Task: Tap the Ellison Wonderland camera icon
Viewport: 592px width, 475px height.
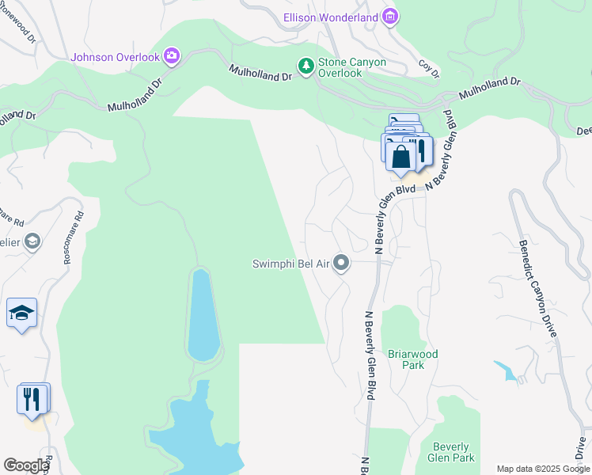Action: point(389,16)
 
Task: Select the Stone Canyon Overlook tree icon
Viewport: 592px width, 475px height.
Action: point(305,64)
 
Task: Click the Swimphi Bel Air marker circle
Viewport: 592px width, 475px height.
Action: point(342,262)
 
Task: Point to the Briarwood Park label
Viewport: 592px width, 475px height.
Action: point(412,359)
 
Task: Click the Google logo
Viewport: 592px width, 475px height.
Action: point(26,465)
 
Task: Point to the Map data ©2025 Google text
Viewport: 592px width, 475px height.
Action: point(542,469)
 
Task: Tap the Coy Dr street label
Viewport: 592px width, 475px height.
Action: point(428,69)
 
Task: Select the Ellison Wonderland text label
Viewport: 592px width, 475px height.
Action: point(331,17)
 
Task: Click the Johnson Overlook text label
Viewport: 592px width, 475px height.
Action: point(116,57)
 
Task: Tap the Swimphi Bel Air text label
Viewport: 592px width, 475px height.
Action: point(290,264)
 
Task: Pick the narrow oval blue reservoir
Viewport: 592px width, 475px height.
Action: point(202,315)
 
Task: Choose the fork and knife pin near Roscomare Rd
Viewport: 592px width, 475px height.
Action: point(32,399)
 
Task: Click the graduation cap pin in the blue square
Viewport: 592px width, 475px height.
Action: point(22,314)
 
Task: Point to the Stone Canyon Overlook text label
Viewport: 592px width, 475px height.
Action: point(340,67)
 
